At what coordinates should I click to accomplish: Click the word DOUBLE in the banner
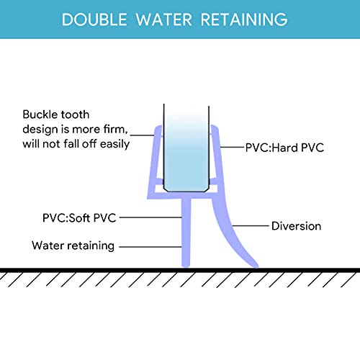(94, 19)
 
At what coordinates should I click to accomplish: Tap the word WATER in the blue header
(164, 19)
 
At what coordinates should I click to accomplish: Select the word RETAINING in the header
(244, 19)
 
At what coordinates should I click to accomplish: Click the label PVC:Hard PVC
(284, 148)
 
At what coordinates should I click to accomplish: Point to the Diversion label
(296, 226)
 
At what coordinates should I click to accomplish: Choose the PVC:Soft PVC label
(79, 218)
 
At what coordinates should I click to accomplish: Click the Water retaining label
(73, 246)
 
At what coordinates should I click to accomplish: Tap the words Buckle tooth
(56, 114)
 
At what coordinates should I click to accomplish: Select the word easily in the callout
(114, 144)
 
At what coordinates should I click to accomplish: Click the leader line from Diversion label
(250, 226)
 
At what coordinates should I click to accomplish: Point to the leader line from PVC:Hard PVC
(232, 147)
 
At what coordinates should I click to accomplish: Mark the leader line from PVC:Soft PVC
(150, 217)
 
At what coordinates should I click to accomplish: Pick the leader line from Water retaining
(150, 246)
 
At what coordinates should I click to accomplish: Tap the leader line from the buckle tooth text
(142, 135)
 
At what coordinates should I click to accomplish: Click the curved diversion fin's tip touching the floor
(256, 266)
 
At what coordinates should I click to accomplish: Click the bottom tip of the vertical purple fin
(186, 266)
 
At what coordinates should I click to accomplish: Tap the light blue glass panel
(186, 153)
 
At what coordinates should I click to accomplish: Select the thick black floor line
(180, 270)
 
